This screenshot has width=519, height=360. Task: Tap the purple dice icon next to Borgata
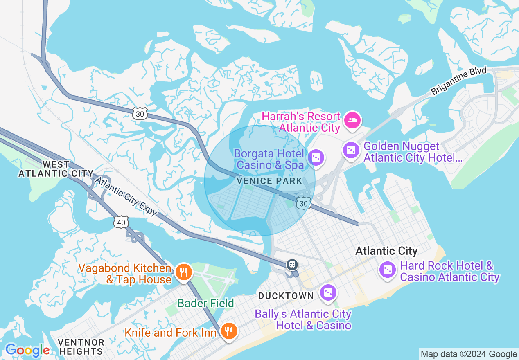(x=316, y=157)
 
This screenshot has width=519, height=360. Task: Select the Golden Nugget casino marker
(x=351, y=150)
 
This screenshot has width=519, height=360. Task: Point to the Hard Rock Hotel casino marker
(x=387, y=270)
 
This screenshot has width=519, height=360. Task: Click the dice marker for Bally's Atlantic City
(x=328, y=292)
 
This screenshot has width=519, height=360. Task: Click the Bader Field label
(x=205, y=303)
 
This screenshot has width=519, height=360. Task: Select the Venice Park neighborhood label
(x=269, y=181)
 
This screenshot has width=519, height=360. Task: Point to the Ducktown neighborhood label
(x=286, y=295)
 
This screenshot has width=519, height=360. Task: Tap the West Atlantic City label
(x=56, y=169)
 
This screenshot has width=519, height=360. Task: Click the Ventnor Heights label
(x=81, y=347)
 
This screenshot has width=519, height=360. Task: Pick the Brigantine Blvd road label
(x=458, y=81)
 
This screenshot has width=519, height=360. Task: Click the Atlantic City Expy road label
(x=126, y=196)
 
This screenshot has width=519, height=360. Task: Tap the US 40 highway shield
(x=122, y=222)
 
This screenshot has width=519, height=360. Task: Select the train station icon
(x=292, y=264)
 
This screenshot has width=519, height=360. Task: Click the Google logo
(x=27, y=350)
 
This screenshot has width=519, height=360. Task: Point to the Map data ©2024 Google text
(x=469, y=354)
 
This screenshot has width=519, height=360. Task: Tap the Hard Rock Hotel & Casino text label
(x=449, y=271)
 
